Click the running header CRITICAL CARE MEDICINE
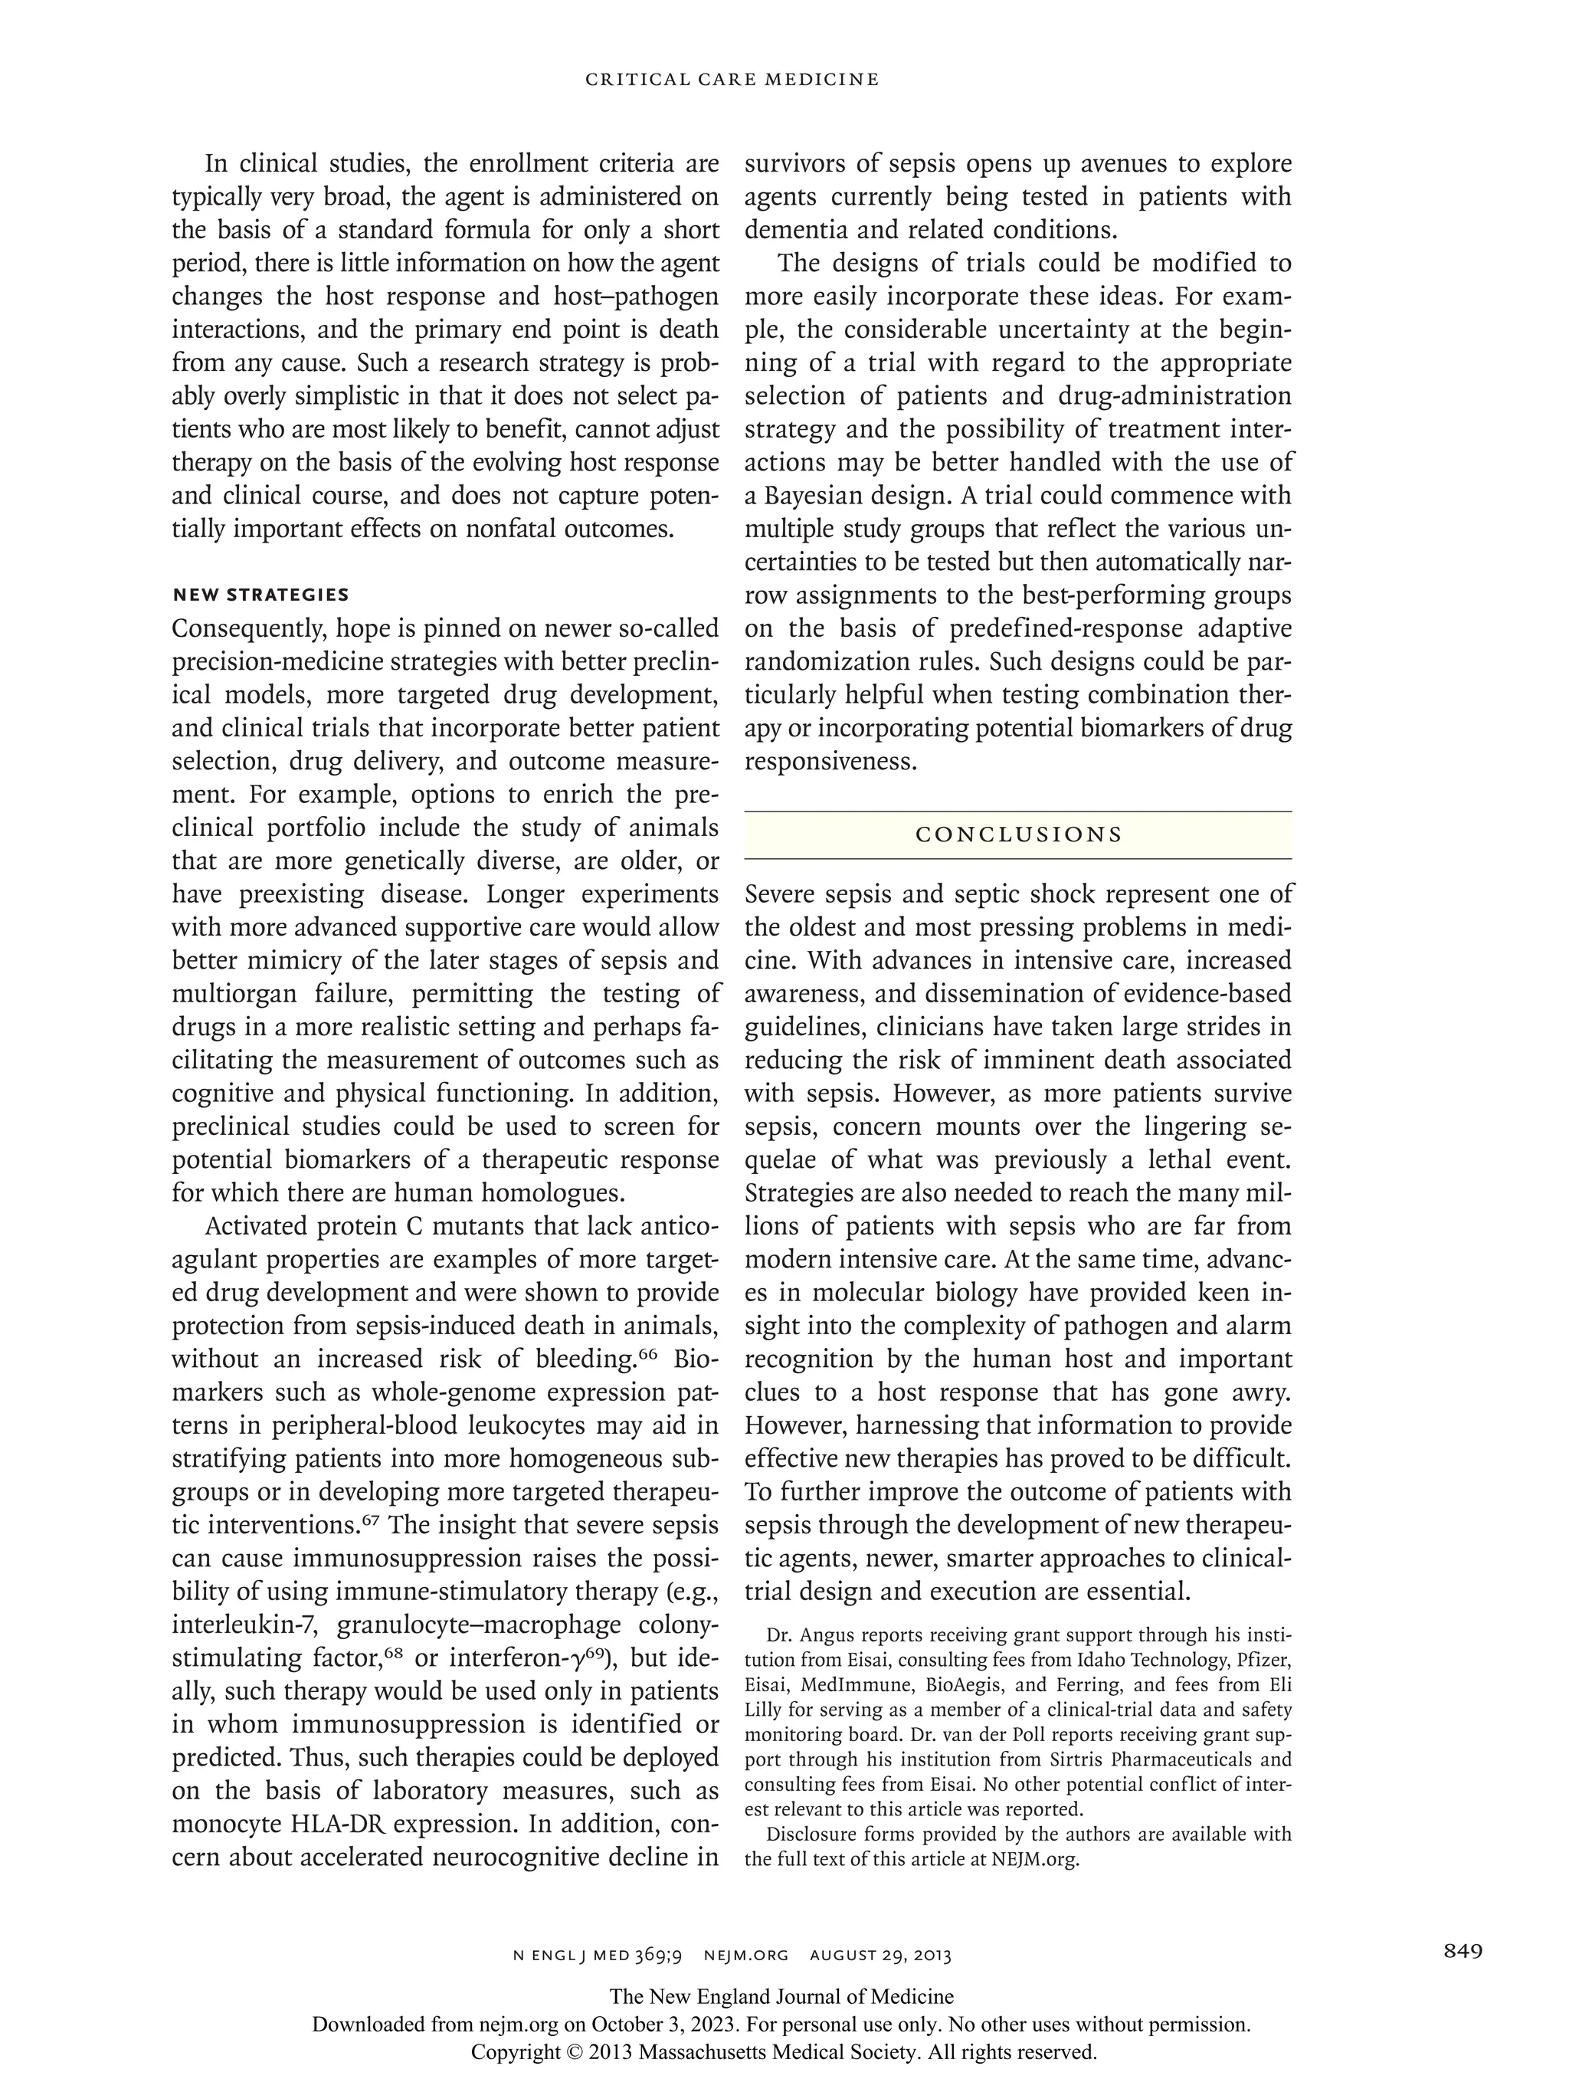click(732, 80)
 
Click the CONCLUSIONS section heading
click(1017, 835)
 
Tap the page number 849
click(1463, 1950)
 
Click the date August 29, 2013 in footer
click(880, 1955)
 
